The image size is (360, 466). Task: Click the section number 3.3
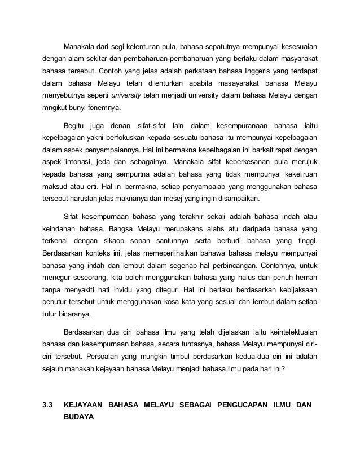pyautogui.click(x=48, y=405)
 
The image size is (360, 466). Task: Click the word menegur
pyautogui.click(x=58, y=287)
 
